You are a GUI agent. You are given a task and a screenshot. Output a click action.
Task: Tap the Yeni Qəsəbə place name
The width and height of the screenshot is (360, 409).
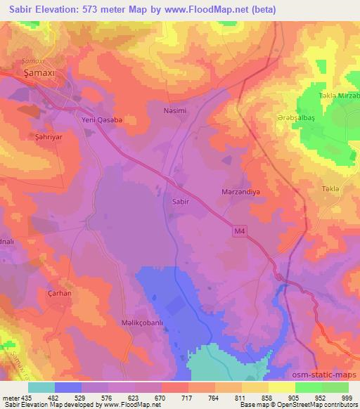[100, 118]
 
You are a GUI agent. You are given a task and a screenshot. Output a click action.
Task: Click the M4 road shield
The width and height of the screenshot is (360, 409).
[239, 230]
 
